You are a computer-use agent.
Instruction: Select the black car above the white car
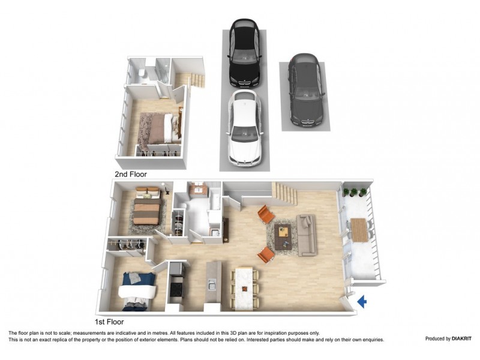tap(243, 54)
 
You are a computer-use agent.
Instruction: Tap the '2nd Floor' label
tap(131, 175)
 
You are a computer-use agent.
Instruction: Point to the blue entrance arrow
tap(361, 302)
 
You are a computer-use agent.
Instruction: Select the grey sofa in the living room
tap(307, 234)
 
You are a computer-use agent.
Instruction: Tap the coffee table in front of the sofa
tap(283, 235)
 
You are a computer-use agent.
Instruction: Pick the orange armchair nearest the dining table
tap(266, 254)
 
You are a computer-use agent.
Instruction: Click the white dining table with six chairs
tap(245, 288)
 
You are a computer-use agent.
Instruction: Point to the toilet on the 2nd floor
tap(142, 74)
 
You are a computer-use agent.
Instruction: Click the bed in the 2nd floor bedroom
tap(157, 128)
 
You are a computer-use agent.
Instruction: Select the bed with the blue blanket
tap(139, 290)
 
